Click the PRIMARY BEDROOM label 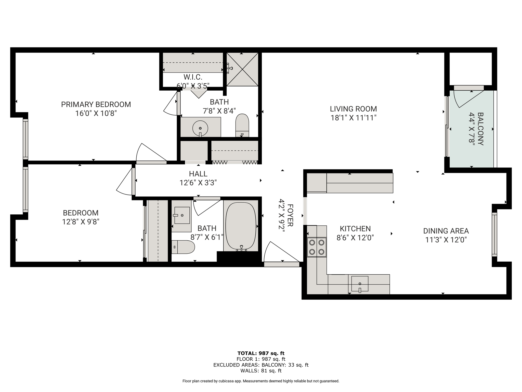(96, 104)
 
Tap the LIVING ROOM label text (353, 109)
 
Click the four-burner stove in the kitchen (317, 247)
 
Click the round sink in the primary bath (200, 128)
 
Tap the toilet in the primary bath (242, 125)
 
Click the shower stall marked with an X (242, 69)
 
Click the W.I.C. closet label (193, 77)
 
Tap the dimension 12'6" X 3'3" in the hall (198, 183)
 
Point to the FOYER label (290, 215)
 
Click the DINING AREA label (446, 231)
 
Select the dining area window (494, 235)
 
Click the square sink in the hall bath (182, 215)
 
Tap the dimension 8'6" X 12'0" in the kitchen (355, 238)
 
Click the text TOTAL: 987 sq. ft (261, 353)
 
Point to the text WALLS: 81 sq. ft (261, 371)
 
